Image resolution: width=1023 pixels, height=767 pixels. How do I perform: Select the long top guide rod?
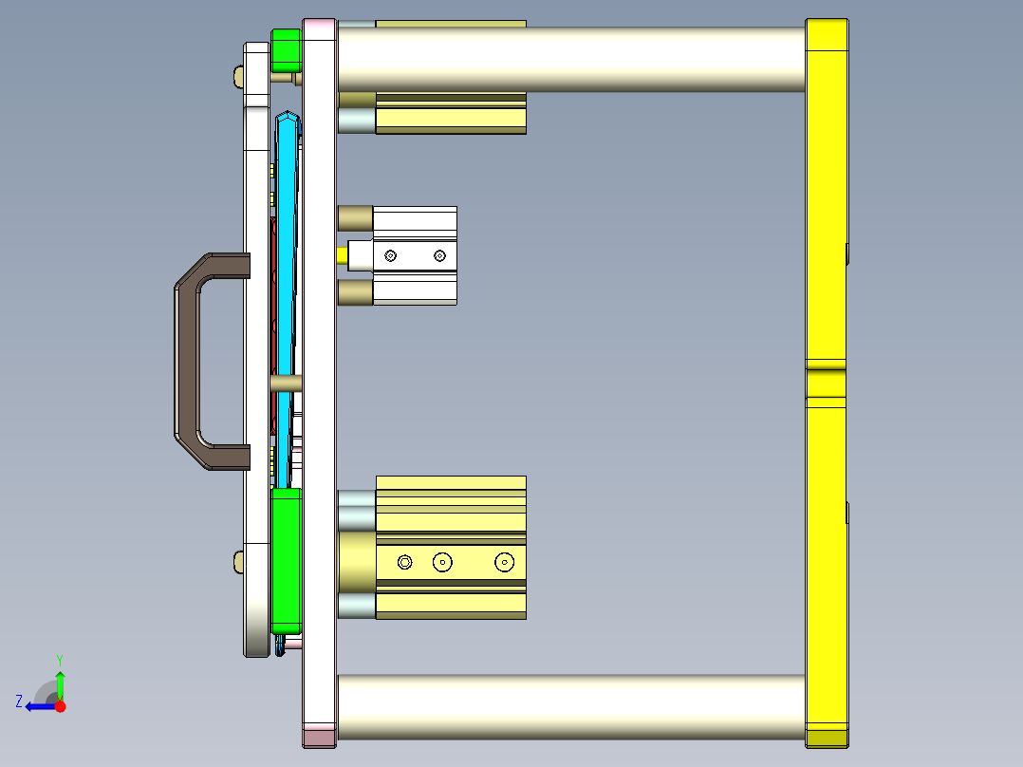pyautogui.click(x=569, y=59)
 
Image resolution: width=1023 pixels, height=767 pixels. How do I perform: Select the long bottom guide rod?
pyautogui.click(x=569, y=706)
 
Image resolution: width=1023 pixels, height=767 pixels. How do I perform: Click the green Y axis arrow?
pyautogui.click(x=60, y=682)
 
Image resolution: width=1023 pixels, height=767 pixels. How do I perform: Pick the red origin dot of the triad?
pyautogui.click(x=60, y=706)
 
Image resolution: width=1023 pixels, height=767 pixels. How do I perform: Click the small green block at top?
pyautogui.click(x=286, y=50)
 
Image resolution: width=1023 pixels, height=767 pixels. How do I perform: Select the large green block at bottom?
pyautogui.click(x=286, y=560)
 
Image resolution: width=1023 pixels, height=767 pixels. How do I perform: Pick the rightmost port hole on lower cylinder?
pyautogui.click(x=504, y=563)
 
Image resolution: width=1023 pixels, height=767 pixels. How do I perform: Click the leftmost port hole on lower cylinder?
pyautogui.click(x=405, y=563)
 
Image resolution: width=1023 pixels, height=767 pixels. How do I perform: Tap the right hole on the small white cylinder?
pyautogui.click(x=438, y=255)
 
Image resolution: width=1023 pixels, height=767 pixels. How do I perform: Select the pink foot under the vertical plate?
pyautogui.click(x=319, y=736)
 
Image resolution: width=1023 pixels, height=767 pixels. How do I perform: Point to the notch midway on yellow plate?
pyautogui.click(x=826, y=365)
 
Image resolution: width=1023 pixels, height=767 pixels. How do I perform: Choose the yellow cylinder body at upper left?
pyautogui.click(x=451, y=119)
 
